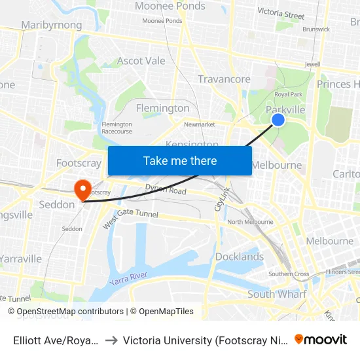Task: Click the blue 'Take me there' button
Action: pyautogui.click(x=180, y=160)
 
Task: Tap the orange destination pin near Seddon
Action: pyautogui.click(x=83, y=190)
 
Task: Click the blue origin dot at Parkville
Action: pyautogui.click(x=278, y=119)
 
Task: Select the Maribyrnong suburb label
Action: pyautogui.click(x=52, y=25)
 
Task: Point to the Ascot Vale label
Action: pyautogui.click(x=141, y=61)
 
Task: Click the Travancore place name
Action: pyautogui.click(x=225, y=79)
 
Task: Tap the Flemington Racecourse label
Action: pyautogui.click(x=117, y=128)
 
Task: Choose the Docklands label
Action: pyautogui.click(x=240, y=257)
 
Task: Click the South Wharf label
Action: pyautogui.click(x=276, y=295)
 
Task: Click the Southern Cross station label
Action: pyautogui.click(x=289, y=274)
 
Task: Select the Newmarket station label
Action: pyautogui.click(x=200, y=124)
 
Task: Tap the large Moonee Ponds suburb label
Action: pyautogui.click(x=170, y=7)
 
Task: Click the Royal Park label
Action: pyautogui.click(x=288, y=94)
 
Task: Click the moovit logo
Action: pyautogui.click(x=321, y=339)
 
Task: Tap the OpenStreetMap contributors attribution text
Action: pyautogui.click(x=65, y=312)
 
